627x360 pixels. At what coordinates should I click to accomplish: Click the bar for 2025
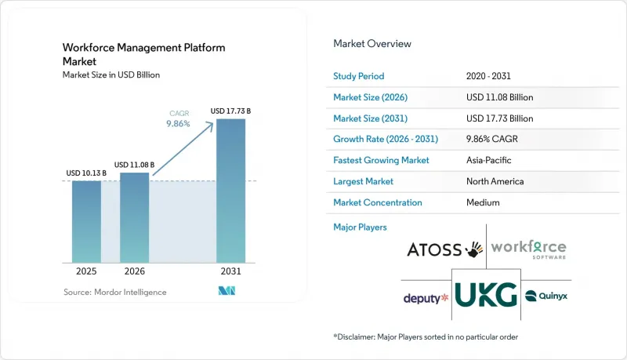click(86, 222)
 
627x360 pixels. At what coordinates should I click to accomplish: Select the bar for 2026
click(134, 217)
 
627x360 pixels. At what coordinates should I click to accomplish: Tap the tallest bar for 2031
click(230, 191)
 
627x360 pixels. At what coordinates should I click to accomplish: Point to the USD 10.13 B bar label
click(86, 173)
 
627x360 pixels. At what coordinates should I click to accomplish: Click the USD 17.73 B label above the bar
click(230, 111)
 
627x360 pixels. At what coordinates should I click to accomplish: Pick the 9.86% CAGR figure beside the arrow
click(178, 124)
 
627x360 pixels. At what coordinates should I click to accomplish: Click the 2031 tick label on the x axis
click(230, 271)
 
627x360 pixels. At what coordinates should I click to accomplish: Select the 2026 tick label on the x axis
click(134, 271)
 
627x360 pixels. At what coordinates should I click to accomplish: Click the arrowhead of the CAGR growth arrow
click(210, 125)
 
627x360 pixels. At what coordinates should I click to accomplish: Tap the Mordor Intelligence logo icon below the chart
click(227, 291)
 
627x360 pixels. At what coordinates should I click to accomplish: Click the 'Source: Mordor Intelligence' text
click(114, 293)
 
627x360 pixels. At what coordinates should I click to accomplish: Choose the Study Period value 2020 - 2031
click(488, 76)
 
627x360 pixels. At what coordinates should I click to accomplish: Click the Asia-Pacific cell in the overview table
click(488, 160)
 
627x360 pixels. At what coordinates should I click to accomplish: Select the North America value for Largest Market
click(495, 181)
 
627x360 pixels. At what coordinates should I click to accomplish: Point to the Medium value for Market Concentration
click(483, 202)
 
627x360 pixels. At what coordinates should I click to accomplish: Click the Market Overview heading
click(371, 44)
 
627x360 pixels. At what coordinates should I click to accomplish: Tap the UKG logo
click(486, 295)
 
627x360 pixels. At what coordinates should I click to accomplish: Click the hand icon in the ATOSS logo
click(474, 249)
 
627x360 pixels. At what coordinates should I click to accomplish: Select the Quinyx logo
click(545, 296)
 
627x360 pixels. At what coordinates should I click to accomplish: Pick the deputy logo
click(426, 298)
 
